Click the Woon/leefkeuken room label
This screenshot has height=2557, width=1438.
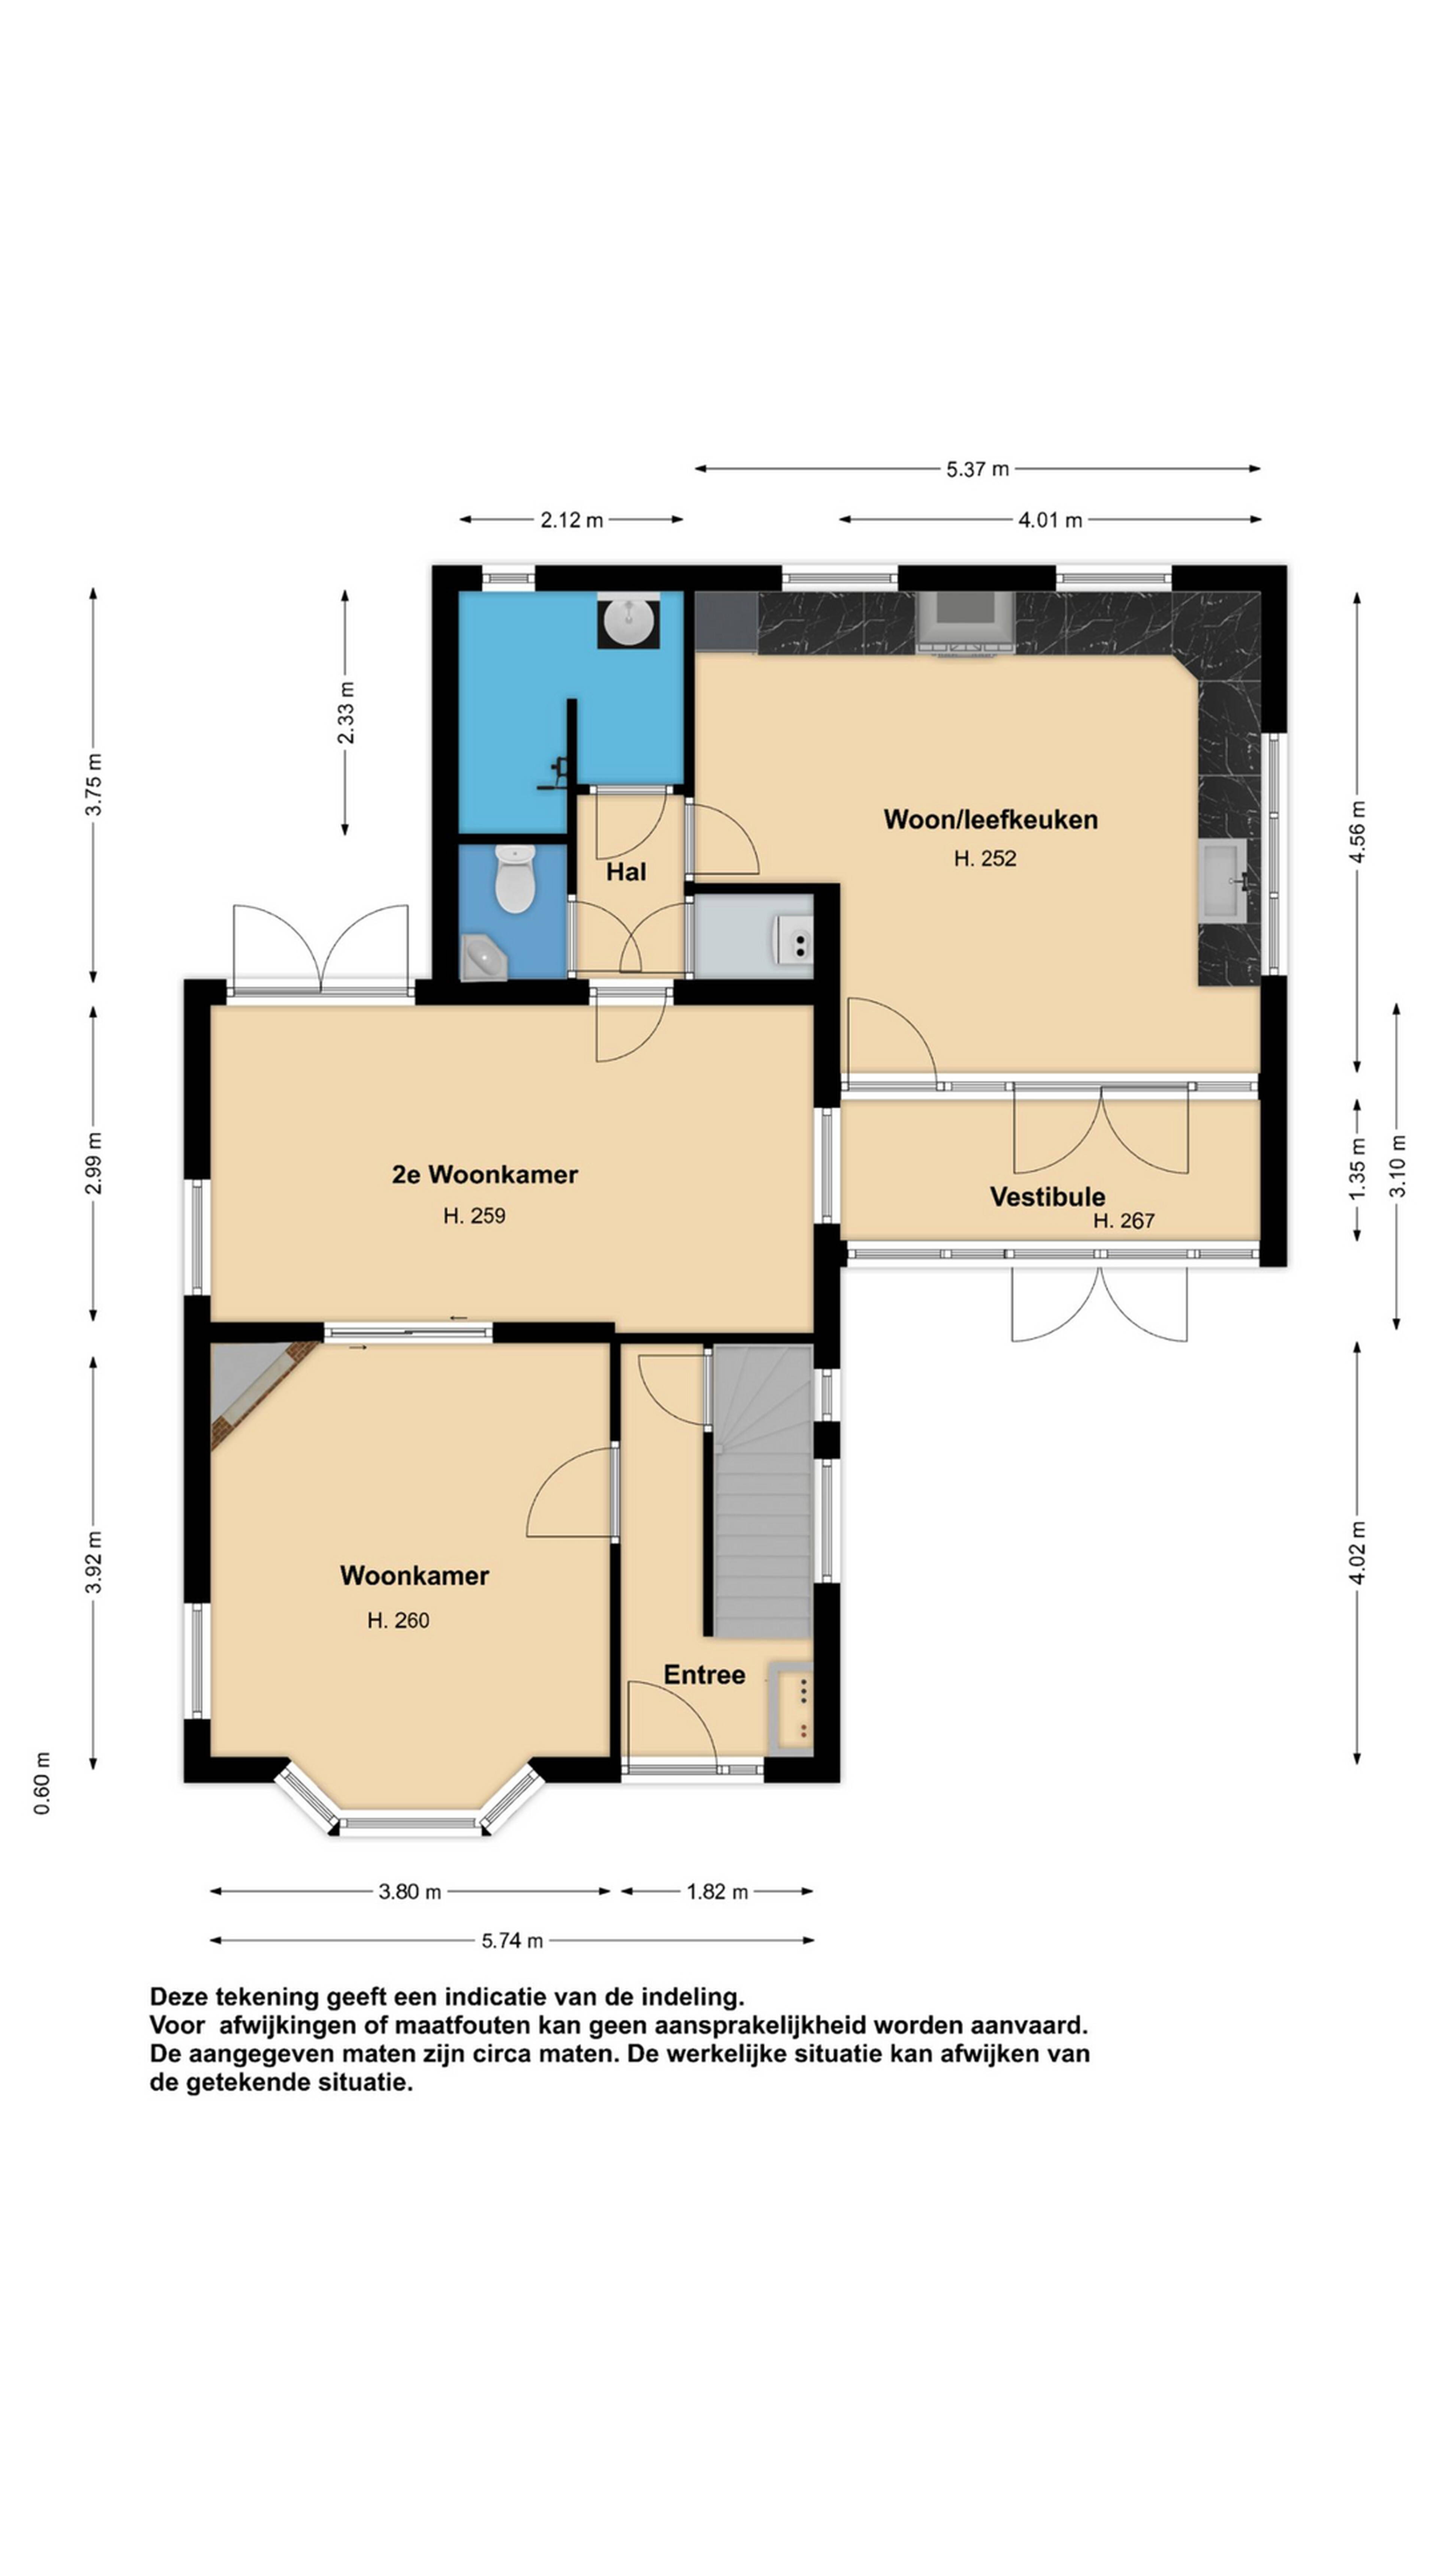pyautogui.click(x=989, y=820)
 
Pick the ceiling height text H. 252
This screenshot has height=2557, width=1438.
pyautogui.click(x=985, y=859)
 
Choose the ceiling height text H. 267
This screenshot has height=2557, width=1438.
pyautogui.click(x=1123, y=1221)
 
